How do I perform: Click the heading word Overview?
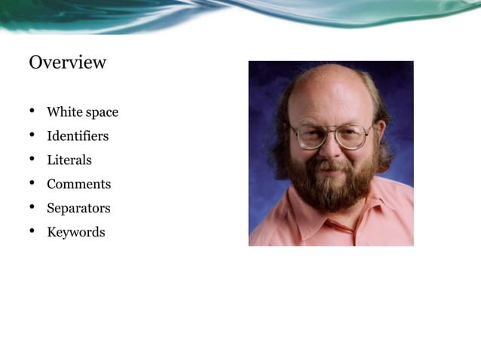[67, 63]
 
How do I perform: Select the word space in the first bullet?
[102, 113]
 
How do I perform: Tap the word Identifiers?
[77, 136]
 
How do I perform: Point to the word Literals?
[69, 160]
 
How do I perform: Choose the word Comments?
[78, 185]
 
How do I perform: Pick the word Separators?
[78, 209]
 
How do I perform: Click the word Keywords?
[75, 233]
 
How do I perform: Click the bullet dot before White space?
[32, 112]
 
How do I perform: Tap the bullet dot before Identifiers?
[32, 136]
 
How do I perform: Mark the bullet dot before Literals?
[32, 160]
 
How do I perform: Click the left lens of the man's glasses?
[310, 136]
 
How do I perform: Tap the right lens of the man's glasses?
[351, 136]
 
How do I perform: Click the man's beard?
[332, 188]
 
